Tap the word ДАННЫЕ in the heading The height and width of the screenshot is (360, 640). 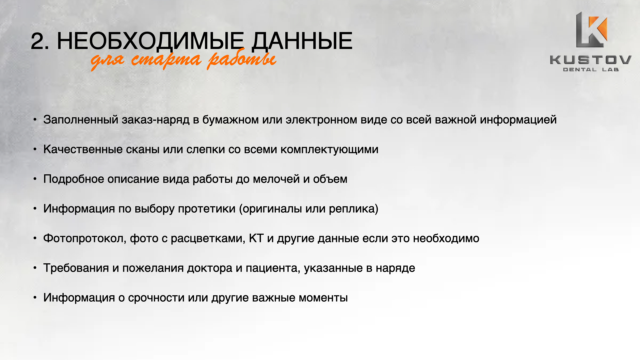(x=302, y=42)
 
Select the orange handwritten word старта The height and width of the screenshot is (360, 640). (x=166, y=60)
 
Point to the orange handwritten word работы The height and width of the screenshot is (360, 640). (x=242, y=60)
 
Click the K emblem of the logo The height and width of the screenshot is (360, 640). (x=591, y=30)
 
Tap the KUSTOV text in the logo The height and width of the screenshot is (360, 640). (x=590, y=60)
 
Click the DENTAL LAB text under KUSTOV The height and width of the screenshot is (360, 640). (x=591, y=70)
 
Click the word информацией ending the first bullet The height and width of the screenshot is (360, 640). (x=518, y=120)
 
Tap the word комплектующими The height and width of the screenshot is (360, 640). (x=329, y=150)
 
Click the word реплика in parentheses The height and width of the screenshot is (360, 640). (x=352, y=209)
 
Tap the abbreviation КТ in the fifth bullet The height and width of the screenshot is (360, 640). (x=256, y=238)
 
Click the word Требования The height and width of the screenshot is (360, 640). (x=76, y=268)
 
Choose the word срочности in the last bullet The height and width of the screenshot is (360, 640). (x=156, y=298)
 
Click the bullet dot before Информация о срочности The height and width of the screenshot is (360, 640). (x=35, y=297)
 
